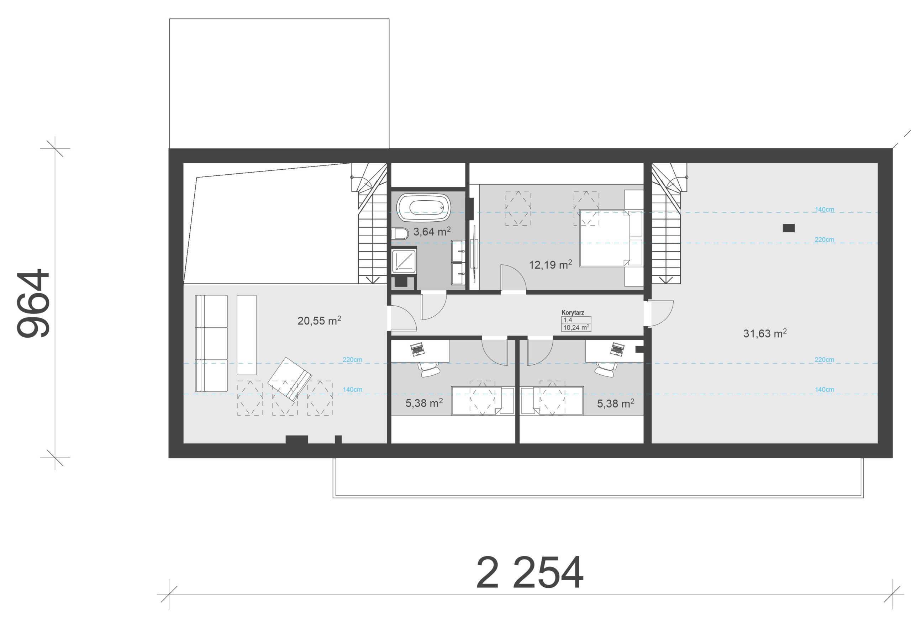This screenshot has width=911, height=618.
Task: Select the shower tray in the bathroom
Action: pos(404,260)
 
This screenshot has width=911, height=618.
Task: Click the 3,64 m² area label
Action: pos(432,231)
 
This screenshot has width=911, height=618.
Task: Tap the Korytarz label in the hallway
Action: pos(573,313)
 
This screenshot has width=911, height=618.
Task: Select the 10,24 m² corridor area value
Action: pos(576,328)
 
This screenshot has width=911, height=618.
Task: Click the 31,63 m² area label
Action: pos(765,333)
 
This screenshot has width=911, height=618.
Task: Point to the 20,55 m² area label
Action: pos(319,321)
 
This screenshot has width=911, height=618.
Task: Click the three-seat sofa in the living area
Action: pos(212,343)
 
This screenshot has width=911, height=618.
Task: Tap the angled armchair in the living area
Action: pos(290,379)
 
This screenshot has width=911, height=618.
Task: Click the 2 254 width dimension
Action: pos(530,572)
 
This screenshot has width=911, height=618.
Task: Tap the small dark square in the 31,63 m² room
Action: pos(789,228)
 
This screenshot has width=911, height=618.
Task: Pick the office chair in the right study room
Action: pos(606,369)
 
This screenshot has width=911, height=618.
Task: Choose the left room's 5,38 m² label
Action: pos(424,403)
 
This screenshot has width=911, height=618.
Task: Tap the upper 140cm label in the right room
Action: pos(825,209)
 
